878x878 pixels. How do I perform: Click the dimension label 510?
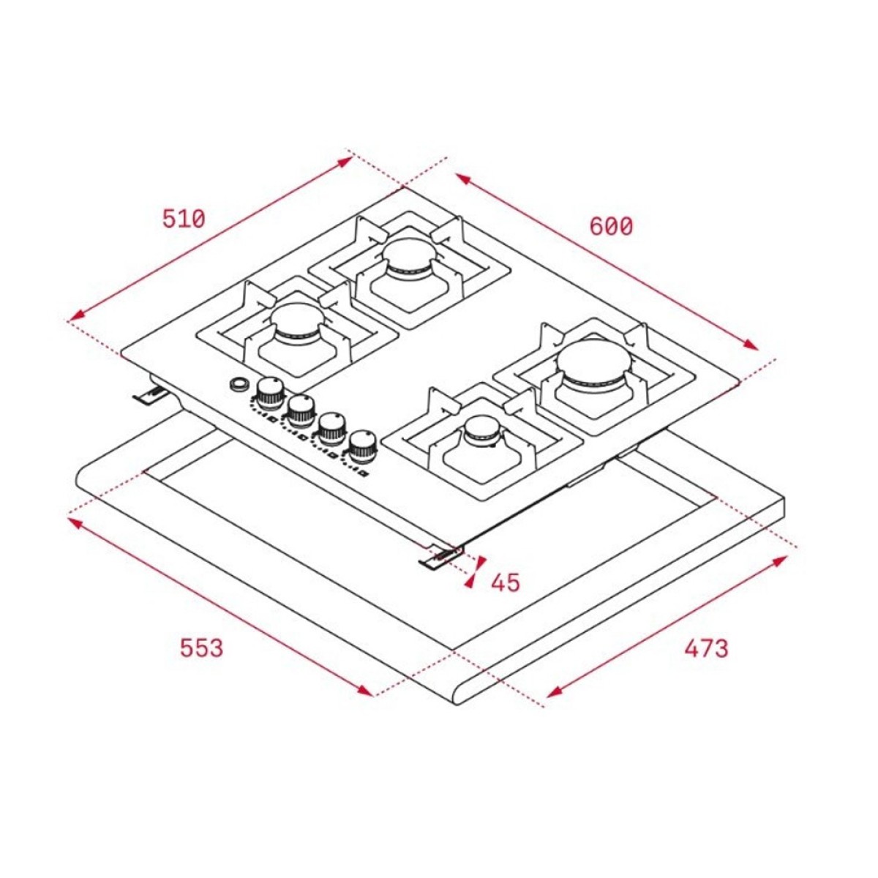pyautogui.click(x=184, y=219)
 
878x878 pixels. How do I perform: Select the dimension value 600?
pyautogui.click(x=611, y=226)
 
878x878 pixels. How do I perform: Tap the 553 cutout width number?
pyautogui.click(x=202, y=648)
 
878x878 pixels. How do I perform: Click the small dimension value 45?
pyautogui.click(x=506, y=582)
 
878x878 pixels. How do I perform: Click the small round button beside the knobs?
pyautogui.click(x=239, y=383)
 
